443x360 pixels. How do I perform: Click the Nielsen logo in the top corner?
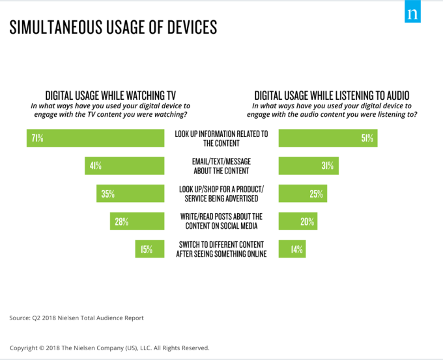[412, 14]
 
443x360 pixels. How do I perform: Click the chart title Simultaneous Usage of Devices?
[113, 28]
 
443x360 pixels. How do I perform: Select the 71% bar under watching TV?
[96, 138]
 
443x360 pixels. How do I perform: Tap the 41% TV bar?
[124, 166]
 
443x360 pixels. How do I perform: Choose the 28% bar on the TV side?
[137, 221]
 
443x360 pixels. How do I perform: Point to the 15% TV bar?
[149, 248]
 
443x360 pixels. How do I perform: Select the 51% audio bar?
[328, 138]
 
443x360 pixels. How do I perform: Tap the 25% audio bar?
[303, 194]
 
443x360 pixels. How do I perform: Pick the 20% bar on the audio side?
[298, 221]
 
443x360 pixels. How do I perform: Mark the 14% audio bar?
[292, 248]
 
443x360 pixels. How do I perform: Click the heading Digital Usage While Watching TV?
[111, 95]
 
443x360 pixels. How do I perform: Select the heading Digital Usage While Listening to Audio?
[332, 95]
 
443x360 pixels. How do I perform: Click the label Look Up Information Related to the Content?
[221, 138]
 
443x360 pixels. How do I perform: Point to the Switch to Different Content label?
[221, 248]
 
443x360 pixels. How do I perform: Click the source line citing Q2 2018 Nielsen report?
[76, 318]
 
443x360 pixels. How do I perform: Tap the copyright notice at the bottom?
[109, 348]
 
